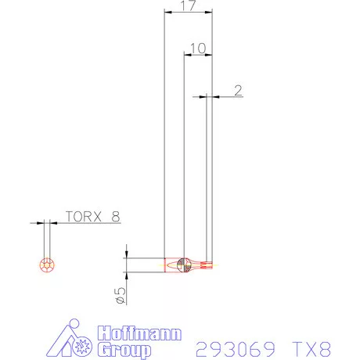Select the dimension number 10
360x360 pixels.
[197, 48]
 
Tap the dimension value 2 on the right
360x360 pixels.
[237, 90]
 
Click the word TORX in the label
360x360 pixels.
[81, 217]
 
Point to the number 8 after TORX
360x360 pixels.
[115, 217]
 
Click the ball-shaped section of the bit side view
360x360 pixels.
[182, 265]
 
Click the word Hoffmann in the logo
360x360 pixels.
[124, 332]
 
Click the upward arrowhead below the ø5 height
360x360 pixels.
[126, 275]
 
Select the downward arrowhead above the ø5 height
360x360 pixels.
[126, 254]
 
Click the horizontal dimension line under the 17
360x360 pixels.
[188, 12]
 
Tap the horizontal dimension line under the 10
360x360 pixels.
[197, 55]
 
